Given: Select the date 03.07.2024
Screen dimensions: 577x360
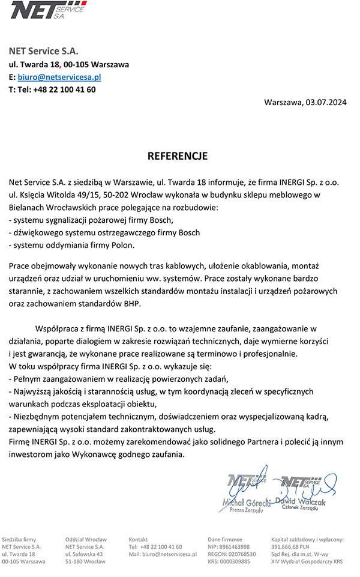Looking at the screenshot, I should point(325,102).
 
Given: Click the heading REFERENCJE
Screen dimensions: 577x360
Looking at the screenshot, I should point(178,156).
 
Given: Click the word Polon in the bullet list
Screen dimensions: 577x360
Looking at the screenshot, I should point(124,245).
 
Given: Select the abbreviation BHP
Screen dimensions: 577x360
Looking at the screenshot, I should point(130,303).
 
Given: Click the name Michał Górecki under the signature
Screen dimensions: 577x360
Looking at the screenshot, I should point(246,502).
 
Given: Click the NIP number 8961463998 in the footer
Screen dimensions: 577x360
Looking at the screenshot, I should point(236,547).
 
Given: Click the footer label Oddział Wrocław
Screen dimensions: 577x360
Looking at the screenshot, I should point(86,540).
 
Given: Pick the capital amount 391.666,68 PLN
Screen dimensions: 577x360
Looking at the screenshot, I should point(290,547).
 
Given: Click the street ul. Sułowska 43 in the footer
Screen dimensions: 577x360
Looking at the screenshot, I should point(85,554).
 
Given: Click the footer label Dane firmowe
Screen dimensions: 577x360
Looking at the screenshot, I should point(225,540).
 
